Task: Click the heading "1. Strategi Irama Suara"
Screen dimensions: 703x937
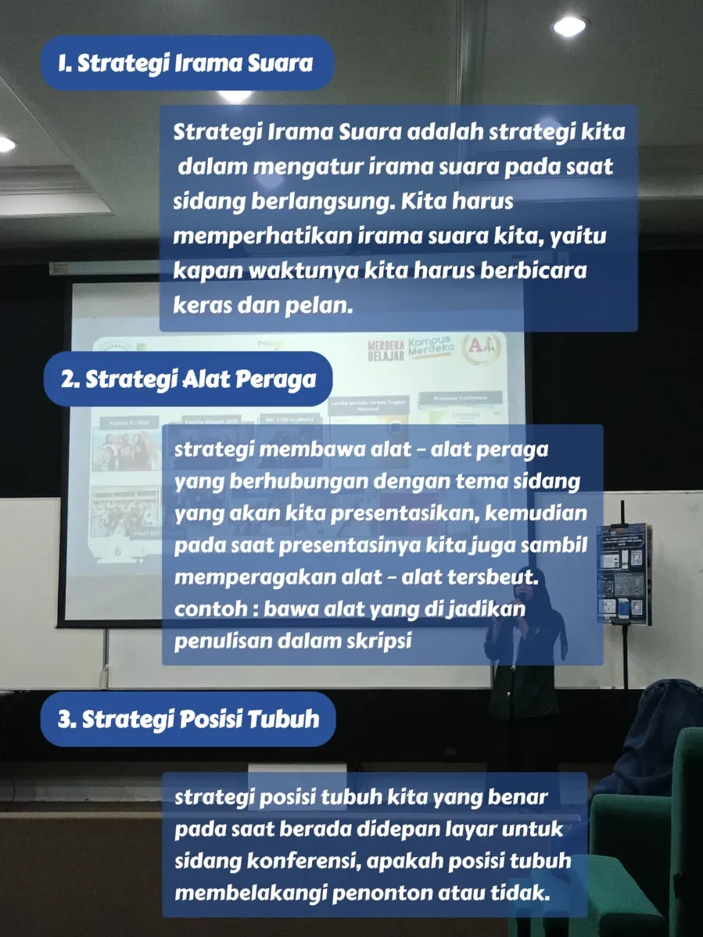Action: point(186,63)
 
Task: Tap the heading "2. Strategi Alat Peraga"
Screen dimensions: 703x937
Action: point(188,379)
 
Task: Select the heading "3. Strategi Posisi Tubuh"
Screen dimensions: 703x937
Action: point(188,719)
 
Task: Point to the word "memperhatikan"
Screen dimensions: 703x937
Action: point(263,237)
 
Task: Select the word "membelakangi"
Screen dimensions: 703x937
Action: point(251,893)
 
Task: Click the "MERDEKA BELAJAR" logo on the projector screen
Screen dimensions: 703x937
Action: point(386,350)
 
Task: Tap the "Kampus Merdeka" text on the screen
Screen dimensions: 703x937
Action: point(431,346)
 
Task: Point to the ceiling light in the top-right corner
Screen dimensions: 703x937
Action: point(569,26)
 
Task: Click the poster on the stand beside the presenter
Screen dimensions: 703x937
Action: point(623,574)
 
